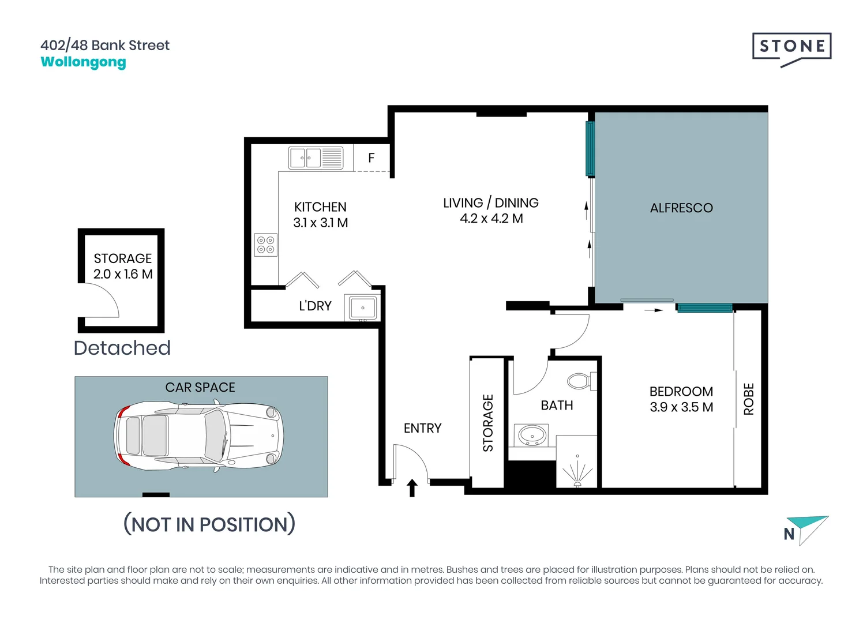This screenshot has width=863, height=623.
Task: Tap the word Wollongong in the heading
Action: click(83, 62)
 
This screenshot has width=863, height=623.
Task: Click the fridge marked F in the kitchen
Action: click(372, 158)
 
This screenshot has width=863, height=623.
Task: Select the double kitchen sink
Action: click(316, 157)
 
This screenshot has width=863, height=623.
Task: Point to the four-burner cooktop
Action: click(266, 245)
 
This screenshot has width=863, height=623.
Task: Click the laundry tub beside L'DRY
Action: click(362, 307)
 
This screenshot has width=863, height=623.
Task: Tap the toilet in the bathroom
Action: click(581, 381)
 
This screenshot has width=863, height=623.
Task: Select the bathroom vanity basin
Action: click(532, 436)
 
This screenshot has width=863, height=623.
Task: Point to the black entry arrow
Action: click(412, 488)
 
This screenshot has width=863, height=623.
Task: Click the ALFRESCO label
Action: click(681, 208)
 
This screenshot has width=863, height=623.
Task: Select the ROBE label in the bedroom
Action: click(749, 399)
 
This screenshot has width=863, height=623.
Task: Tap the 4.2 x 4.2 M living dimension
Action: click(491, 219)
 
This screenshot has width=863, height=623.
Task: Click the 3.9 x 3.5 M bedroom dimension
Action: click(681, 407)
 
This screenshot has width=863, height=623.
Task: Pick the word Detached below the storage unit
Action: click(122, 348)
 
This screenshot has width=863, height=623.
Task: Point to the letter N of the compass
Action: click(789, 534)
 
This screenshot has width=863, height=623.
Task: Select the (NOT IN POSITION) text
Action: click(209, 524)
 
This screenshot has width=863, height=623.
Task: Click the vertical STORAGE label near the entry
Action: click(488, 423)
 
